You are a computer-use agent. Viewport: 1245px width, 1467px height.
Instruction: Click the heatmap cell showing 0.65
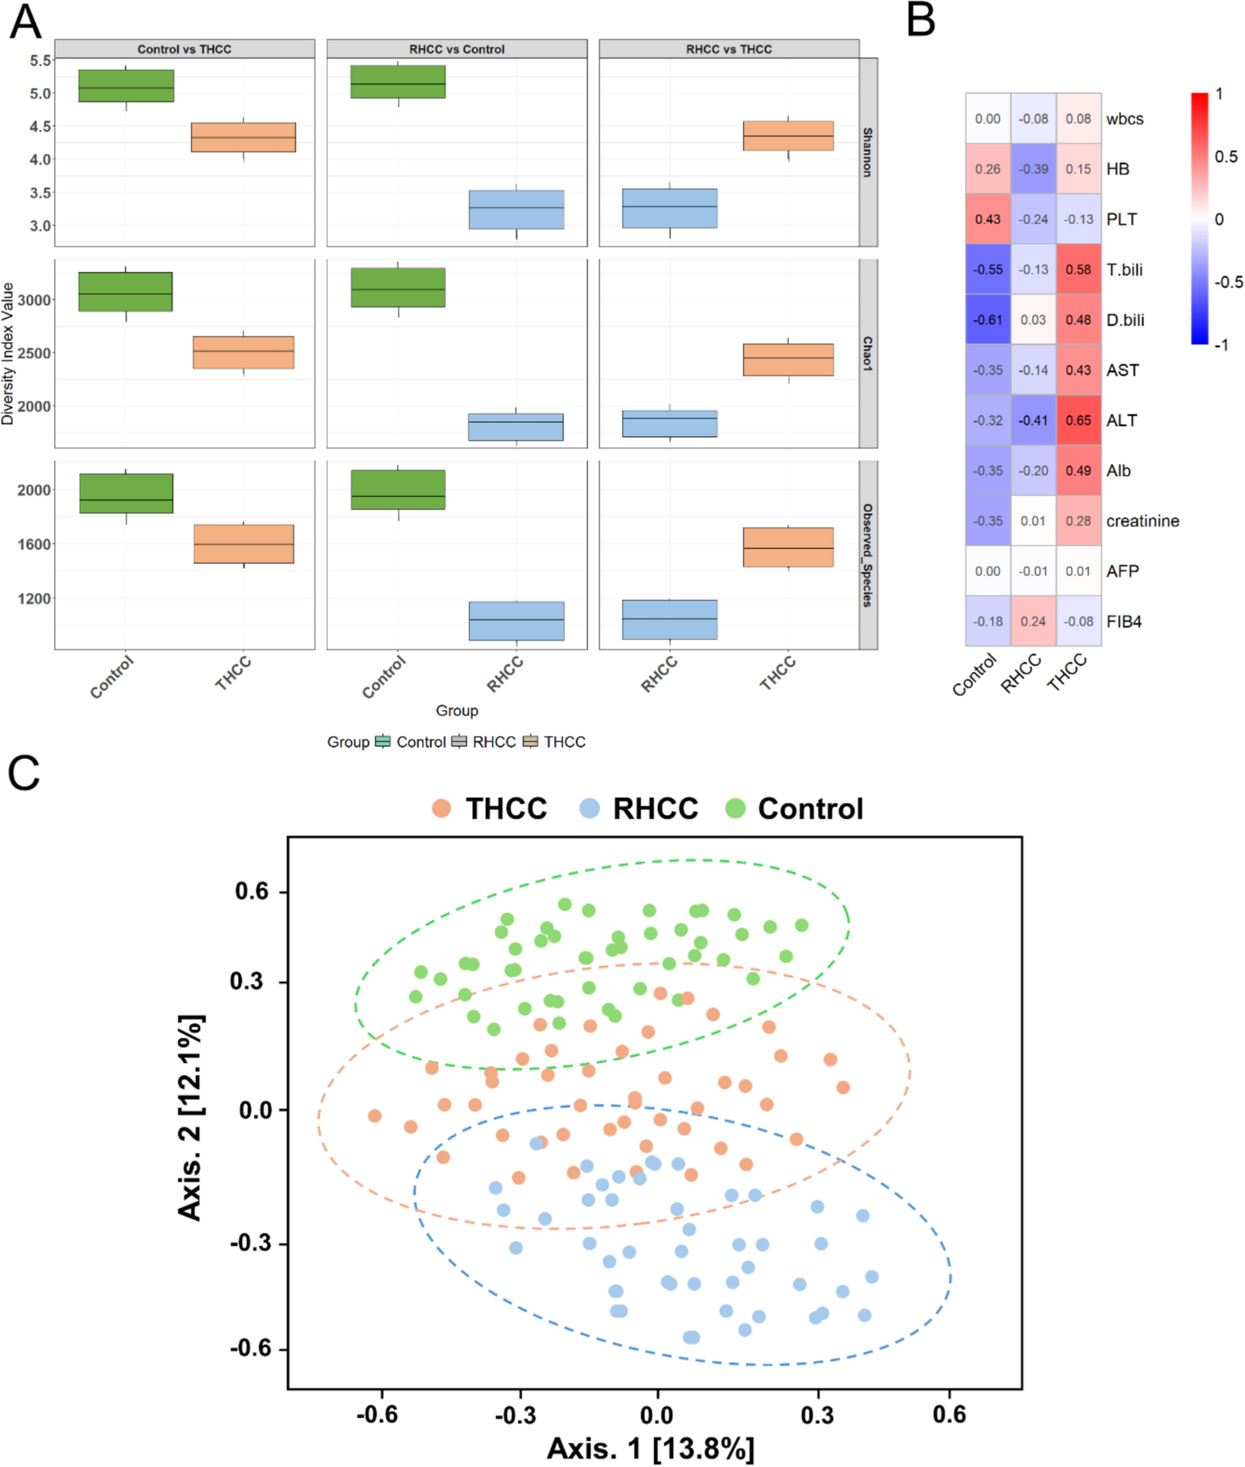pyautogui.click(x=1078, y=420)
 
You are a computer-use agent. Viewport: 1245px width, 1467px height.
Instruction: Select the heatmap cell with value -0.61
pyautogui.click(x=987, y=320)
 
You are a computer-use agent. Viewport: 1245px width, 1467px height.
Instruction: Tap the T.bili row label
pyautogui.click(x=1124, y=270)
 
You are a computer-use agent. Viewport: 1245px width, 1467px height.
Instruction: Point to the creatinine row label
pyautogui.click(x=1142, y=521)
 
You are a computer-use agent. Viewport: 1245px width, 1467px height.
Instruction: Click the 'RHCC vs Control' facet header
pyautogui.click(x=456, y=49)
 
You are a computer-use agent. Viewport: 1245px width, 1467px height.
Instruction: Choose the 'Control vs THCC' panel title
pyautogui.click(x=184, y=49)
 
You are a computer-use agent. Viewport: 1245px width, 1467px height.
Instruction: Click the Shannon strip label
pyautogui.click(x=867, y=151)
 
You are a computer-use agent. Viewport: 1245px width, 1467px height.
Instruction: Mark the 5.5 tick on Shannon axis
pyautogui.click(x=40, y=61)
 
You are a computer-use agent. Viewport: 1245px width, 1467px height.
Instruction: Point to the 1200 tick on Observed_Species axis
pyautogui.click(x=35, y=599)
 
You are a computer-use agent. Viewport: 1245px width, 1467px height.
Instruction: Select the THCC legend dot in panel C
pyautogui.click(x=442, y=809)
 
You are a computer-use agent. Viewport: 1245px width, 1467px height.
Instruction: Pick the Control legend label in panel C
pyautogui.click(x=810, y=809)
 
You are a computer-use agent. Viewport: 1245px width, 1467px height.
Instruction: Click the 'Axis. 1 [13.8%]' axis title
pyautogui.click(x=650, y=1448)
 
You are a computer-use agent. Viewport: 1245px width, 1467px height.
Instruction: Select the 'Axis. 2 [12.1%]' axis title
pyautogui.click(x=190, y=1117)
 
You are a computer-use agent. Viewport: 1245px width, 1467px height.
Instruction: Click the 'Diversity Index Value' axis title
pyautogui.click(x=8, y=353)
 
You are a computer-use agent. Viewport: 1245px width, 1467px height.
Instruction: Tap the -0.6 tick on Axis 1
pyautogui.click(x=378, y=1414)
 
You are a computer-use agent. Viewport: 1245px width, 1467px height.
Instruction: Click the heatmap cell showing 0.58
pyautogui.click(x=1078, y=270)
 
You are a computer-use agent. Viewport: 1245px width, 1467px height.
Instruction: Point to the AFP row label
pyautogui.click(x=1122, y=571)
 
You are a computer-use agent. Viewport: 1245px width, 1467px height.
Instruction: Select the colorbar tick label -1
pyautogui.click(x=1221, y=345)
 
